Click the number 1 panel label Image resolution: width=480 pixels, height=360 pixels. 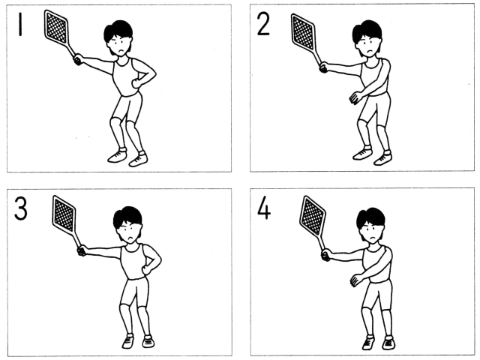coord(20,24)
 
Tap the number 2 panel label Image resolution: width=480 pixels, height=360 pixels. coord(263,25)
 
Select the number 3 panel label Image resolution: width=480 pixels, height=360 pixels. coord(20,208)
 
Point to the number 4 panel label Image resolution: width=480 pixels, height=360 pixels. coord(264,209)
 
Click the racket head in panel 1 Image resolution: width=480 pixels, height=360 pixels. coord(56,28)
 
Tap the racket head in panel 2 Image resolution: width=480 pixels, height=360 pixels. coord(303,32)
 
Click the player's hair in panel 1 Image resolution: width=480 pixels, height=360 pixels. coord(118,31)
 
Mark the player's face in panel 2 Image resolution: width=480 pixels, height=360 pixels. coord(369,45)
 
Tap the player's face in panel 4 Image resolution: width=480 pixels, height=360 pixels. coord(371,232)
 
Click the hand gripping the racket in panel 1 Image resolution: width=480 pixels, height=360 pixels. coord(78,59)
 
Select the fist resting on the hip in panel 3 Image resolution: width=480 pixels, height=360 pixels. coord(146,269)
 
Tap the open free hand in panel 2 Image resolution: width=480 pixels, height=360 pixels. coord(355,97)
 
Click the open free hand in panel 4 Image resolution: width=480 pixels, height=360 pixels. coord(356,280)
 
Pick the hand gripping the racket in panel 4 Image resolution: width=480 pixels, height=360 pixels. coord(326,255)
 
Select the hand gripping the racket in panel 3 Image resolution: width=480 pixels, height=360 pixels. coord(82,250)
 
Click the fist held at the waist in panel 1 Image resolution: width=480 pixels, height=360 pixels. coord(136,83)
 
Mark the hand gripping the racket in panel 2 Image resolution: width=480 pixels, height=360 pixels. coord(324,67)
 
